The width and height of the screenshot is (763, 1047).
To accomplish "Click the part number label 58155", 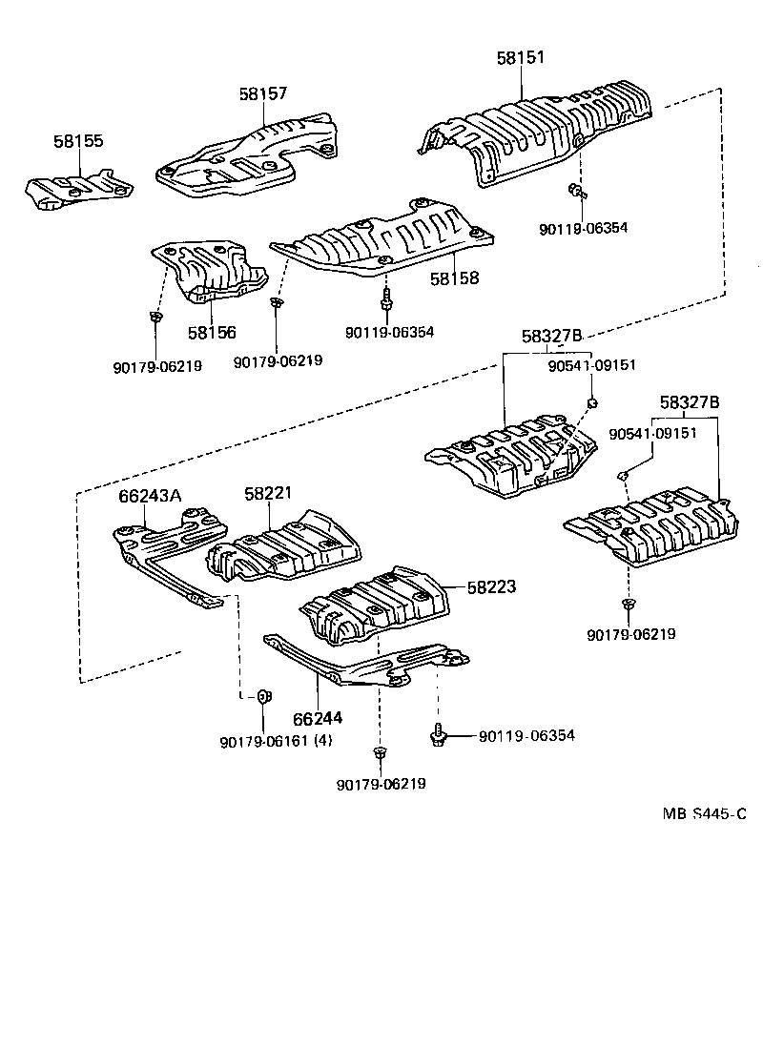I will (x=78, y=141).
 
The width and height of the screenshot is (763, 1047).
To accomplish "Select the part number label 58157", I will (x=263, y=93).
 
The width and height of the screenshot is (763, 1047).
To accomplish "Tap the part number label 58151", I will (x=521, y=57).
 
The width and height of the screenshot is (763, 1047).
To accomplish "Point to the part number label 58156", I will (x=212, y=333).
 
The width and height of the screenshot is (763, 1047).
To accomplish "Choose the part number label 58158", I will (x=454, y=279).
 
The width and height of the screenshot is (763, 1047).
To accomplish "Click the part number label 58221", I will (x=268, y=494).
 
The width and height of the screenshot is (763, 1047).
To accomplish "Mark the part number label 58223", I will (x=491, y=587).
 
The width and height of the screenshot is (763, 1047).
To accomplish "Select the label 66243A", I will (x=150, y=495).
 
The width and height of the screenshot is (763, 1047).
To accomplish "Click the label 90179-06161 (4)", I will (x=276, y=743).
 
